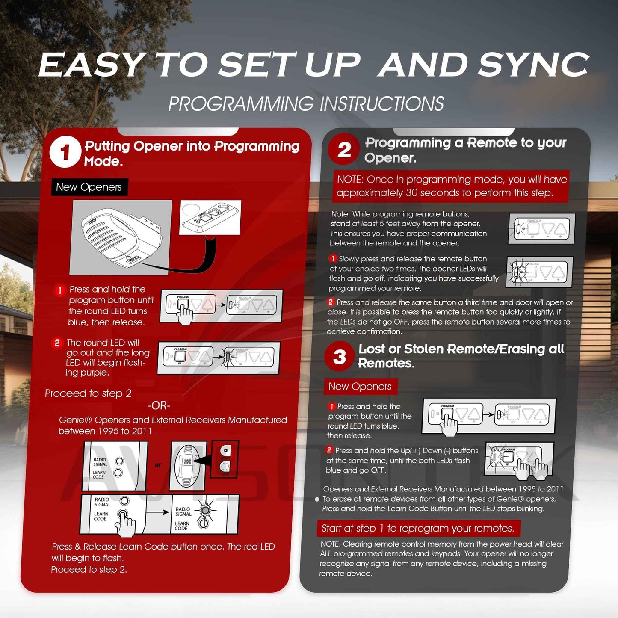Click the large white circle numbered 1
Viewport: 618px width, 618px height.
[x=65, y=152]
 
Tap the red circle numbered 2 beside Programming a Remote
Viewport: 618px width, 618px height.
[x=344, y=150]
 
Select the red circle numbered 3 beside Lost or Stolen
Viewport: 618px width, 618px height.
[x=340, y=356]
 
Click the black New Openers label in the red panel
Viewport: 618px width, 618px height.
[x=89, y=187]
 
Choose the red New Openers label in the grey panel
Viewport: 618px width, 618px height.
[x=360, y=387]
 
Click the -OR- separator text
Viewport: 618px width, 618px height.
[x=159, y=405]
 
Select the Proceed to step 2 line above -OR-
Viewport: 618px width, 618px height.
[x=88, y=393]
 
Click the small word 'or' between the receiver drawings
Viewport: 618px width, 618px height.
[x=158, y=465]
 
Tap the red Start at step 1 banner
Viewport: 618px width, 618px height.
[x=418, y=529]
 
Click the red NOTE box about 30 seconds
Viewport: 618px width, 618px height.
[x=451, y=186]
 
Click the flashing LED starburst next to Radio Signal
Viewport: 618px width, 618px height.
[x=205, y=510]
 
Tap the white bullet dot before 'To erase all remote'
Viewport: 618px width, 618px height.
[x=317, y=499]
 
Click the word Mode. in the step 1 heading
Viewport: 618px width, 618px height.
[x=103, y=161]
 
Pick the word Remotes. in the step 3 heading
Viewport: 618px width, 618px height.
[x=386, y=364]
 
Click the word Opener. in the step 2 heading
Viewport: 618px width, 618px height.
[x=390, y=158]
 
